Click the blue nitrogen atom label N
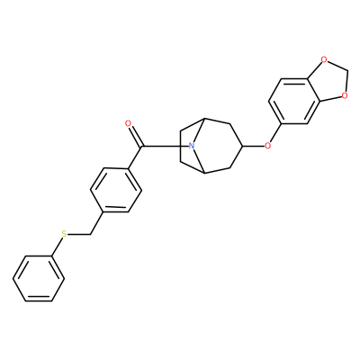pyautogui.click(x=192, y=147)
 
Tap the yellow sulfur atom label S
pyautogui.click(x=64, y=234)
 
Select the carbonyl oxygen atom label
pyautogui.click(x=128, y=123)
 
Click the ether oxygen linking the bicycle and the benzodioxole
pyautogui.click(x=268, y=147)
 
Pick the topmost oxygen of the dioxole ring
pyautogui.click(x=323, y=59)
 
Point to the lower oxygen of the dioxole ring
pyautogui.click(x=345, y=96)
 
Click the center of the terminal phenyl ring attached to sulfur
pyautogui.click(x=39, y=278)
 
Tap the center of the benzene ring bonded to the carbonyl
pyautogui.click(x=116, y=190)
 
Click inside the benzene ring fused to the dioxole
pyautogui.click(x=294, y=101)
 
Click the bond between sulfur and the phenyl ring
pyautogui.click(x=57, y=247)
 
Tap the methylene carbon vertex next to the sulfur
pyautogui.click(x=90, y=235)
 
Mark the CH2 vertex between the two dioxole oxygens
pyautogui.click(x=348, y=72)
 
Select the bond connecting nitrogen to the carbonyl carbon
pyautogui.click(x=165, y=147)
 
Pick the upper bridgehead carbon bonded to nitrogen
pyautogui.click(x=204, y=119)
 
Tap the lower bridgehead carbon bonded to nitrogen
pyautogui.click(x=204, y=173)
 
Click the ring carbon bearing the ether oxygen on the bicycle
pyautogui.click(x=242, y=147)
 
